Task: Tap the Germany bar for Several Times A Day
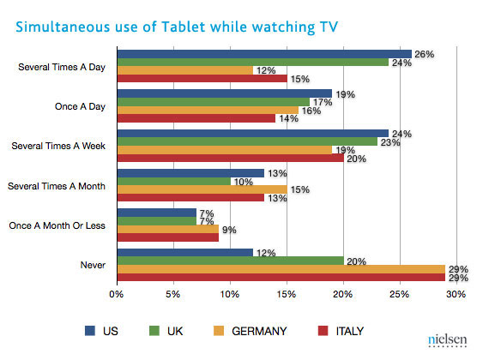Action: [x=184, y=70]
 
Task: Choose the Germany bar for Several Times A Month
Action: [x=202, y=189]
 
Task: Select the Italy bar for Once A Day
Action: [x=196, y=118]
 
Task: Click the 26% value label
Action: [x=424, y=54]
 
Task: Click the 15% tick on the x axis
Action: [x=287, y=296]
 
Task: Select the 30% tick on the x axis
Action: [x=456, y=296]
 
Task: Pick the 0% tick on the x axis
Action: [x=118, y=296]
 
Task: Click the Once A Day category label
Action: [x=80, y=107]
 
